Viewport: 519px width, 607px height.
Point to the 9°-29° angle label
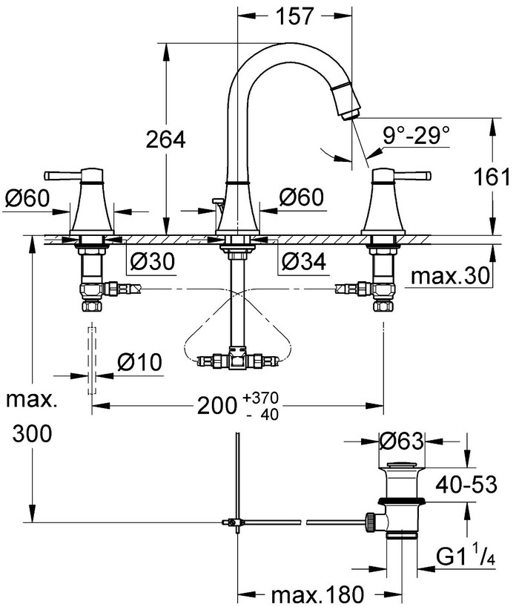coord(417,136)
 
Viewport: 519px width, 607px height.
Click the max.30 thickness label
coord(451,277)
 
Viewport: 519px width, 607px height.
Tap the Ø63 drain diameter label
coord(401,441)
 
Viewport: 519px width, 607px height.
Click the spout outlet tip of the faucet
coord(351,112)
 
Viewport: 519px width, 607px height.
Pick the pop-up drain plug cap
coord(400,466)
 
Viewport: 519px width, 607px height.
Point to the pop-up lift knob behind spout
coord(216,200)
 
